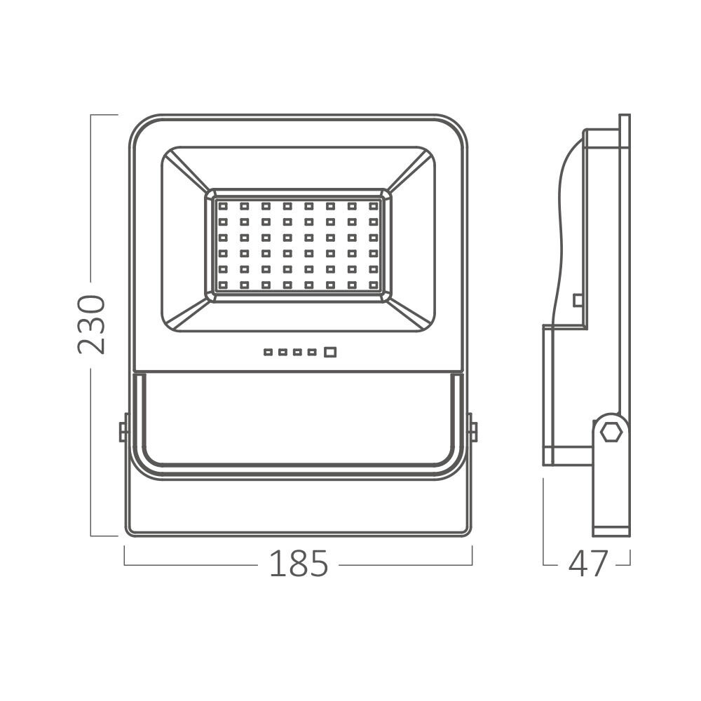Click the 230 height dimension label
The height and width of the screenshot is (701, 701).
[91, 324]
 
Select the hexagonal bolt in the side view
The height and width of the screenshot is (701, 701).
[611, 431]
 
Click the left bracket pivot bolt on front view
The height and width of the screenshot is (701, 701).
[123, 428]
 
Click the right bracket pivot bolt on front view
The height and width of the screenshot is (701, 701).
[472, 428]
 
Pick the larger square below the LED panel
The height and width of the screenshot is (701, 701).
[330, 352]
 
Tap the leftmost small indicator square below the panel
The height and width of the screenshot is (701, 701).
[267, 352]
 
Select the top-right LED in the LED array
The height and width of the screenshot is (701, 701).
[372, 207]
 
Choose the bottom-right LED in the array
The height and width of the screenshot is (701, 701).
[372, 285]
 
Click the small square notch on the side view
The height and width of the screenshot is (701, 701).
[577, 300]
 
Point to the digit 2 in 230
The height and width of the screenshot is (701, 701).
[91, 343]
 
